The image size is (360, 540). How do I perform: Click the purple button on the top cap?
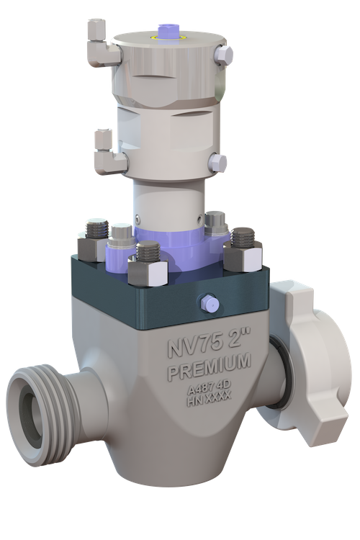(166, 30)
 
